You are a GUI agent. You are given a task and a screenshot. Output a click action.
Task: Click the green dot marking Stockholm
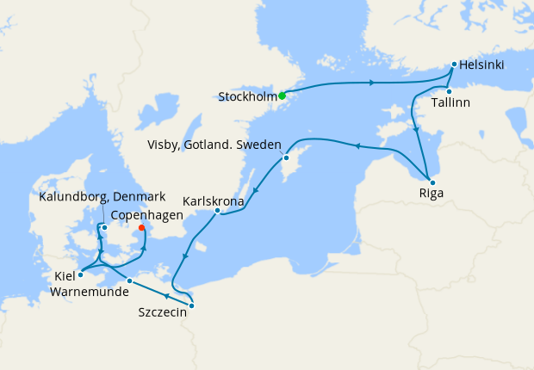click(282, 96)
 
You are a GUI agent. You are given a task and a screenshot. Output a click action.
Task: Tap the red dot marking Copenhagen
click(141, 228)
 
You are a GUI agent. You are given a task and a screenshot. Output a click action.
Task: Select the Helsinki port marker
click(454, 64)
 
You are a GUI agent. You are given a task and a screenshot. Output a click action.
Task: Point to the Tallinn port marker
click(449, 91)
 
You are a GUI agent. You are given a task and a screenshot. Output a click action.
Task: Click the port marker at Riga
click(432, 182)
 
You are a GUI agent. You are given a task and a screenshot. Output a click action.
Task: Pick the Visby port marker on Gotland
click(286, 157)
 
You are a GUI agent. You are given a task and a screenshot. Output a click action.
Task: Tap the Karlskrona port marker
click(217, 211)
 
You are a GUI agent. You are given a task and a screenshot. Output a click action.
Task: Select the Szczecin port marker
click(191, 305)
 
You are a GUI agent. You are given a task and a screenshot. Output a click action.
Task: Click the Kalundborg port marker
click(103, 227)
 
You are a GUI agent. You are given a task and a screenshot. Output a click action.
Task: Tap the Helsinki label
click(482, 65)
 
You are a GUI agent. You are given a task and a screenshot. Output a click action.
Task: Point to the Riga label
click(431, 194)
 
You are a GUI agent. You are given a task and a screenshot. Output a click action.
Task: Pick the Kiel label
click(63, 277)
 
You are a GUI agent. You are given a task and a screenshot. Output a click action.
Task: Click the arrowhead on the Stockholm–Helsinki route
click(371, 83)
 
